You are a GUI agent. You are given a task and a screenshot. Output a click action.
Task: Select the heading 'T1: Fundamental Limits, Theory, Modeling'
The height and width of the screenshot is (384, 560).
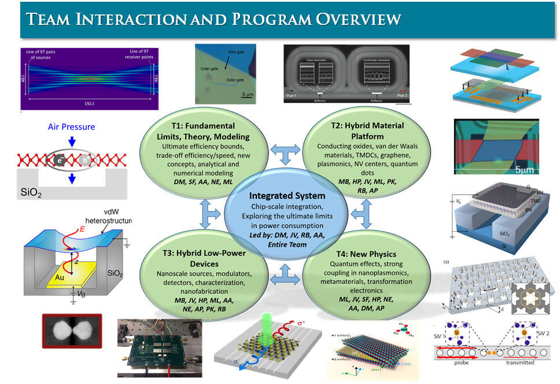coord(198,131)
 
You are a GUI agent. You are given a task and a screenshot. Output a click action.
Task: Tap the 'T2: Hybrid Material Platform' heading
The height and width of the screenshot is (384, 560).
coord(354,131)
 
